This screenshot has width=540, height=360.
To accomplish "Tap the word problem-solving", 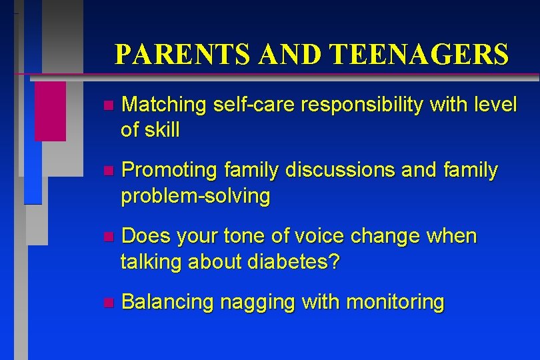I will [195, 196].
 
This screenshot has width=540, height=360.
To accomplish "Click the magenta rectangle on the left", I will [50, 111].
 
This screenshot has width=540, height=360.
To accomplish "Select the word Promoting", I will [170, 171].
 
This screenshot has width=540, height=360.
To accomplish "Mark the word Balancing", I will [168, 302].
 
